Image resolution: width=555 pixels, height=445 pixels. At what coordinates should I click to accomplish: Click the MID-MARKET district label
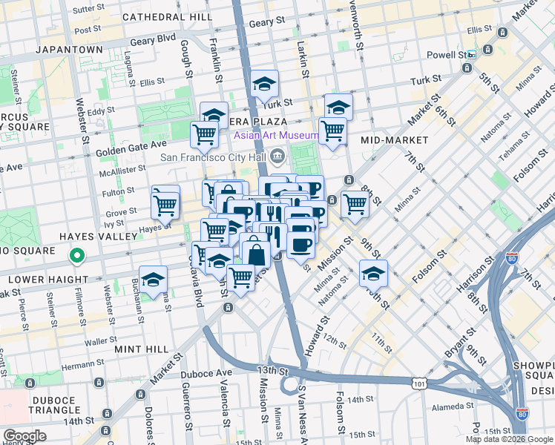tap(394, 139)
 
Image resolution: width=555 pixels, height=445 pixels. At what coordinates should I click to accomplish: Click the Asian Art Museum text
tap(277, 136)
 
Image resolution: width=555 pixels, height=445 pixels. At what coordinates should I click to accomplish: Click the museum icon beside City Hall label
tap(277, 156)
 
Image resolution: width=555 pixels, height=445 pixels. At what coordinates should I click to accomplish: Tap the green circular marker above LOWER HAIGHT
tap(76, 257)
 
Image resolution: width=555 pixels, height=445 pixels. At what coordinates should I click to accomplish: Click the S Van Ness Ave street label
tap(301, 410)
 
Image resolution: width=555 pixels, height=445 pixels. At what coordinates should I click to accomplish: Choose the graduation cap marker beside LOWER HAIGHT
tap(154, 280)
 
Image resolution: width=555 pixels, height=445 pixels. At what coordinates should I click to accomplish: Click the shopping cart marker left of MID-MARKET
tap(333, 131)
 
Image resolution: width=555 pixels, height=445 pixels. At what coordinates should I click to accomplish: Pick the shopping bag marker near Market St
tap(256, 254)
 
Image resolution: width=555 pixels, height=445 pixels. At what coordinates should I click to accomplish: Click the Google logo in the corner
tap(24, 436)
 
